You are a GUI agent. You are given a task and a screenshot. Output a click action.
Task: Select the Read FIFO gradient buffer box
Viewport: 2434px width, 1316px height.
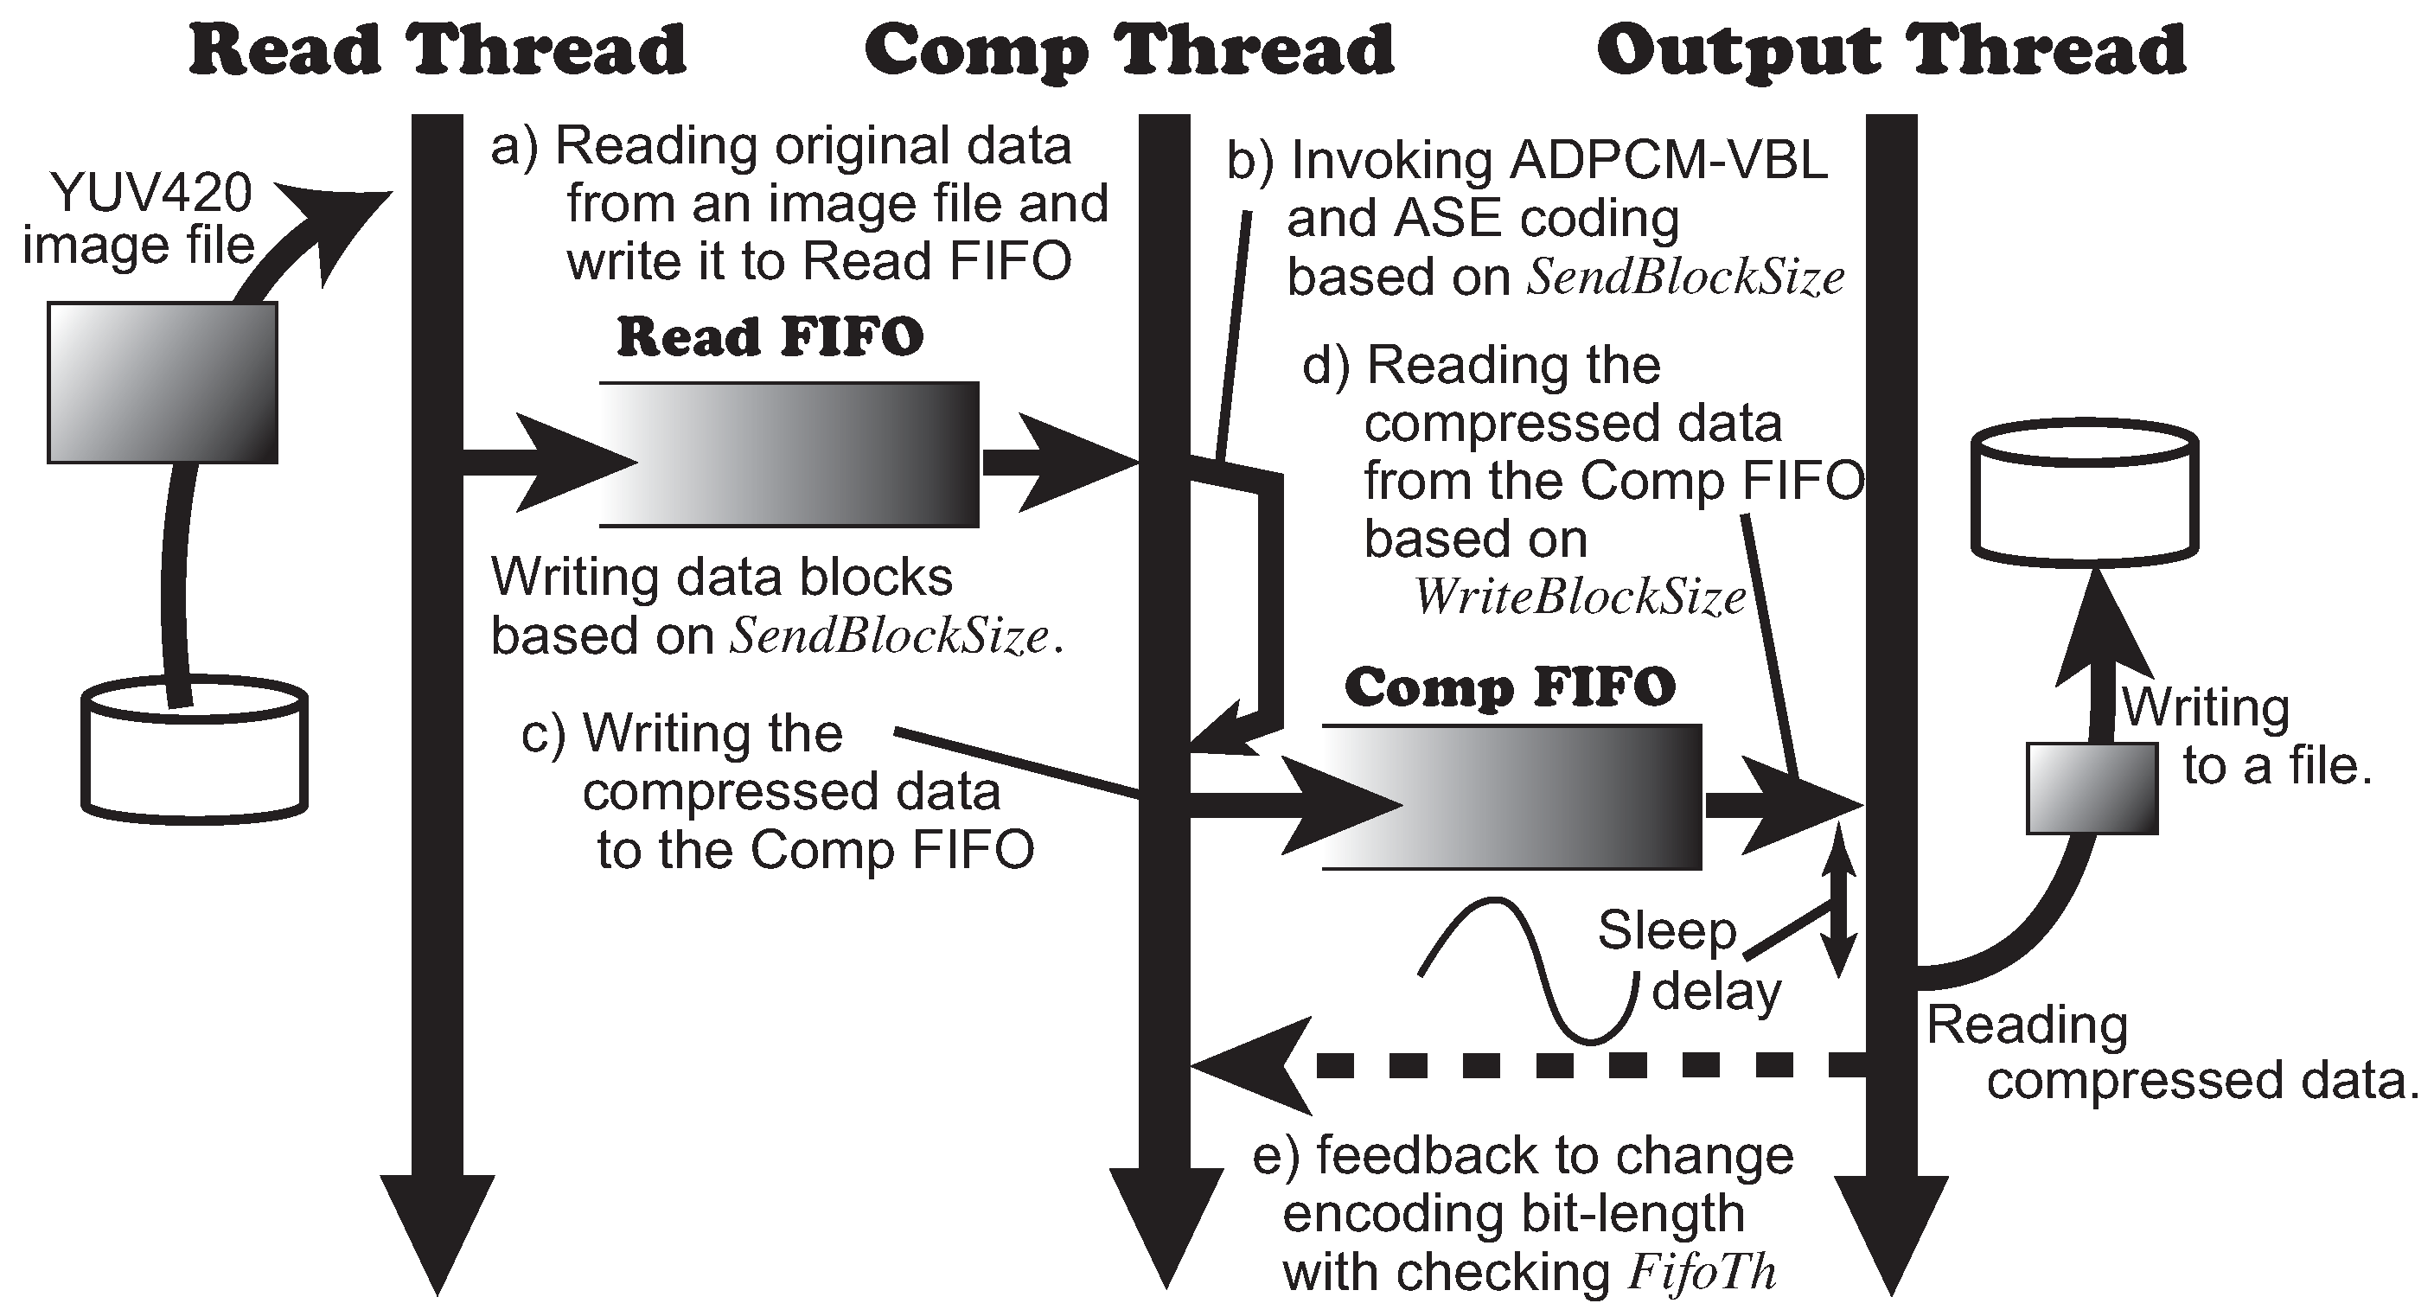click(x=789, y=455)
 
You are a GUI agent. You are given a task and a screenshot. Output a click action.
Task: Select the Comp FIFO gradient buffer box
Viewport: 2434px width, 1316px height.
click(x=1511, y=796)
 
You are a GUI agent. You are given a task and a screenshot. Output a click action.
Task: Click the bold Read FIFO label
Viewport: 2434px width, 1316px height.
click(x=770, y=337)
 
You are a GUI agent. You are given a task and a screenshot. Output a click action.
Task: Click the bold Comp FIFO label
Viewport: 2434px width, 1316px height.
click(x=1509, y=687)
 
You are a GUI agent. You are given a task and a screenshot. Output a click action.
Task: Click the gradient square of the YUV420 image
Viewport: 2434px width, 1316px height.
click(x=163, y=383)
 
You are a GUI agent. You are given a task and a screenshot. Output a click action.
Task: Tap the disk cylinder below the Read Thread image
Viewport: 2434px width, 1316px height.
click(x=195, y=751)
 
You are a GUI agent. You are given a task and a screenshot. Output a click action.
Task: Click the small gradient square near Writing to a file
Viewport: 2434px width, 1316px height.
click(x=2092, y=788)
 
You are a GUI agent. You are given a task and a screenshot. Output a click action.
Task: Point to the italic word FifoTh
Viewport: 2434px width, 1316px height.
click(x=1702, y=1272)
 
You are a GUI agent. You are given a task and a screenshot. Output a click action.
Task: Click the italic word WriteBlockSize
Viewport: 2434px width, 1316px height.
click(x=1579, y=597)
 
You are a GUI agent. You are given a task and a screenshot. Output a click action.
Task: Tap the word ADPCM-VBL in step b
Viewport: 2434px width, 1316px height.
click(x=1667, y=161)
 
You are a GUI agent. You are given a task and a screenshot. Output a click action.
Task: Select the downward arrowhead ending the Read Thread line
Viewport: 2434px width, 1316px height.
click(x=438, y=1233)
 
